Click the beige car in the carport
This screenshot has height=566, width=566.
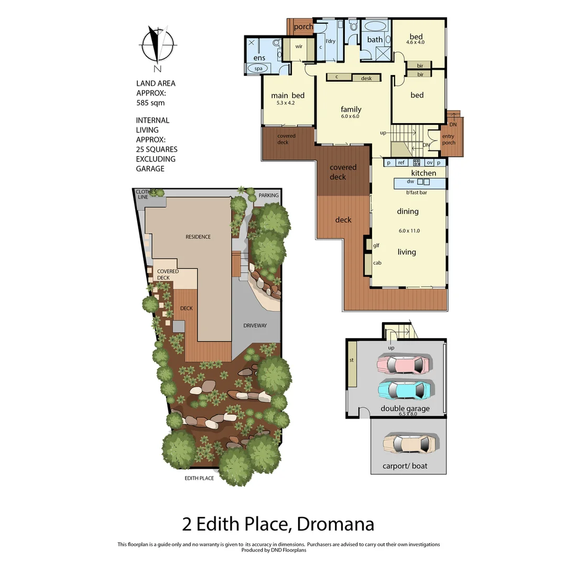[x=409, y=444]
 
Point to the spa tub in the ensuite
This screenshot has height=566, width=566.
[x=258, y=69]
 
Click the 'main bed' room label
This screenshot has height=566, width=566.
[x=287, y=95]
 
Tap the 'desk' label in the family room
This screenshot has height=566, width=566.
[x=366, y=78]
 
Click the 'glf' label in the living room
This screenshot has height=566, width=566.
[x=376, y=245]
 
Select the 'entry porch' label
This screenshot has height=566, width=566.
[x=449, y=139]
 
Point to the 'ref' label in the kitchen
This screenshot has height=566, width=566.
[x=401, y=163]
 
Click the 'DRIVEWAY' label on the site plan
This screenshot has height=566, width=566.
[x=255, y=325]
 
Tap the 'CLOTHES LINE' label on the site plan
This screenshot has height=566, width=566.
[x=146, y=194]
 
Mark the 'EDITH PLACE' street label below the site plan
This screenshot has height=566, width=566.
[x=199, y=478]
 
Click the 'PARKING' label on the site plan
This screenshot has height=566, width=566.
[x=269, y=195]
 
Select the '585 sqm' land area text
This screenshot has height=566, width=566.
[x=150, y=103]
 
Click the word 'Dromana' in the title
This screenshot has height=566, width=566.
[x=335, y=524]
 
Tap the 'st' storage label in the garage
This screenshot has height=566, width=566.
[x=352, y=361]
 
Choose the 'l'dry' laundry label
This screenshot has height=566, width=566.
[x=330, y=41]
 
